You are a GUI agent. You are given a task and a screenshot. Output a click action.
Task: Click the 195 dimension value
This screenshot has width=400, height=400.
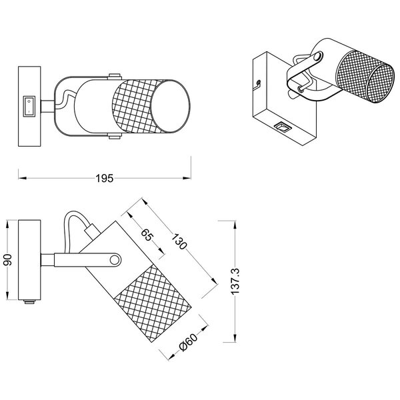tap(103, 178)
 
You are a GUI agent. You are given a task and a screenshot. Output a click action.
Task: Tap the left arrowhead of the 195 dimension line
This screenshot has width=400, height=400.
tap(21, 178)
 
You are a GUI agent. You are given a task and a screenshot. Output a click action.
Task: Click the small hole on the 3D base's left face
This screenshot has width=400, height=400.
tap(258, 84)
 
